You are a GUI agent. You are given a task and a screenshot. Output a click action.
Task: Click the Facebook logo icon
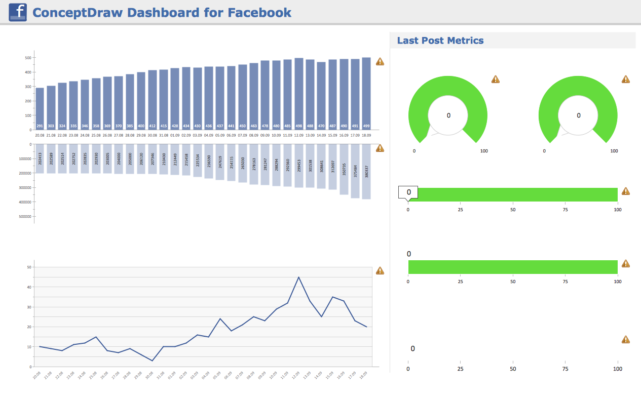(x=18, y=12)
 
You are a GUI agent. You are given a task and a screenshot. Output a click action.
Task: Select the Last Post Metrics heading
(x=440, y=41)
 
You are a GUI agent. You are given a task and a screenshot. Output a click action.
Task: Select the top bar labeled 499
(x=366, y=94)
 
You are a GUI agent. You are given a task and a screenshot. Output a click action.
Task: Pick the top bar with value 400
(x=141, y=101)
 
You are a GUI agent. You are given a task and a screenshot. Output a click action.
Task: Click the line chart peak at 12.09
(x=299, y=277)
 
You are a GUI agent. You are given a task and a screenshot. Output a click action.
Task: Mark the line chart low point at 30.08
(x=152, y=361)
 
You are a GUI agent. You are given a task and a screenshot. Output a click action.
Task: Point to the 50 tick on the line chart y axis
(x=29, y=267)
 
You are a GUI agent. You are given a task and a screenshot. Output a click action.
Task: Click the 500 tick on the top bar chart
(x=28, y=58)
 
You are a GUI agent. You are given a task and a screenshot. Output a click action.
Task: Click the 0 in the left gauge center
(x=448, y=115)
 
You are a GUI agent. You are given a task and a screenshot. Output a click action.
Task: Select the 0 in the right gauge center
(x=579, y=115)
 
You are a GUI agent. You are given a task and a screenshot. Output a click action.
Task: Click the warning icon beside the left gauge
(x=496, y=79)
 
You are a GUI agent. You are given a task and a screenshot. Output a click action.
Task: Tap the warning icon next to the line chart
(x=380, y=271)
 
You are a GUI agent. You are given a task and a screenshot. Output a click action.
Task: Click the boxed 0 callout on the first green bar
(x=408, y=192)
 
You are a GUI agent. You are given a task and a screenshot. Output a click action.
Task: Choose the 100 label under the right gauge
(x=614, y=151)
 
